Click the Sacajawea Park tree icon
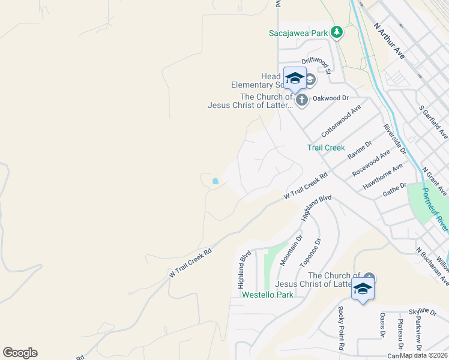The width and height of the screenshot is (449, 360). click(337, 32)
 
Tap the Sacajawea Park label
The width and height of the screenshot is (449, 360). click(298, 33)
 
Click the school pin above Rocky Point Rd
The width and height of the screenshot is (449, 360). click(362, 290)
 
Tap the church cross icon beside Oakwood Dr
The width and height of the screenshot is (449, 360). click(301, 100)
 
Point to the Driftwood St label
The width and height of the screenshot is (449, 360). click(316, 65)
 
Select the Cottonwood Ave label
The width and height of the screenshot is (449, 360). click(341, 120)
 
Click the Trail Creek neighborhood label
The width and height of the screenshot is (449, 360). click(326, 147)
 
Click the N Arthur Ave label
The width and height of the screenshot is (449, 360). click(389, 41)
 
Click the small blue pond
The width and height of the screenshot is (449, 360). click(215, 180)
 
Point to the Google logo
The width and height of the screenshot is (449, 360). click(20, 353)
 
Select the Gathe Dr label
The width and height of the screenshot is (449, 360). click(395, 190)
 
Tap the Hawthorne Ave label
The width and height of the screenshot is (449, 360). click(382, 177)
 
